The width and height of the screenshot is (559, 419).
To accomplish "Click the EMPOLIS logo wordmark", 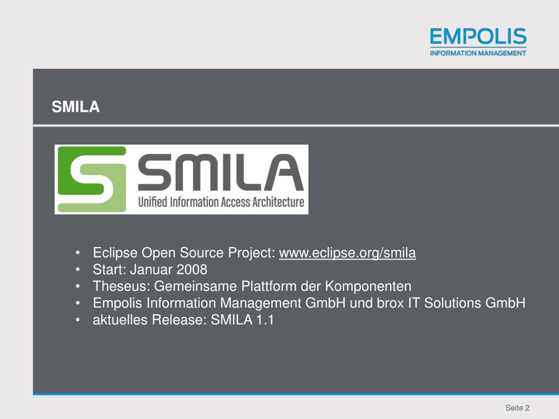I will point(478,37).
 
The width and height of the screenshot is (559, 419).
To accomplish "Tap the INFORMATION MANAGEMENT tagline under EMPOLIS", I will point(478,53).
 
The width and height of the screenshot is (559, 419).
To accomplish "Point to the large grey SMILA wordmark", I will point(221,171).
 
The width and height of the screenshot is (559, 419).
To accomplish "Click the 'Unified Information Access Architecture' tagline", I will point(221,202).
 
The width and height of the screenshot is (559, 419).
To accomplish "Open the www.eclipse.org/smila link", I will point(347,253).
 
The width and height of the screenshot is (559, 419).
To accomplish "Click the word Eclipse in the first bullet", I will point(115,253).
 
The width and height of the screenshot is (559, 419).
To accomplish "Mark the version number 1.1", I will point(264,320).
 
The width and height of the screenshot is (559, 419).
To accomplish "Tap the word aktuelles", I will point(120,320).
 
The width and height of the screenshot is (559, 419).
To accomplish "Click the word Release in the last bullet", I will point(177,320).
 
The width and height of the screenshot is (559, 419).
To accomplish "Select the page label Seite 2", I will point(518,408).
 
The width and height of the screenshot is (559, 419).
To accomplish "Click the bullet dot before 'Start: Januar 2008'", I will point(79,270).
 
